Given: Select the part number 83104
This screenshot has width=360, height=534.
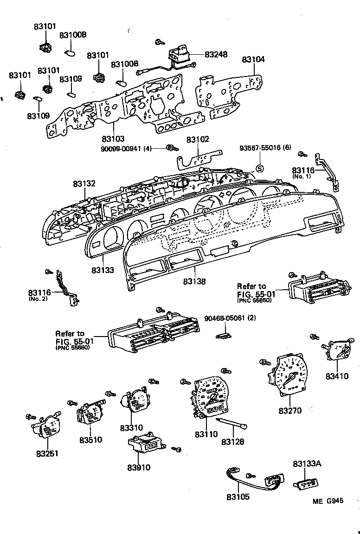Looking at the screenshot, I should point(253,59).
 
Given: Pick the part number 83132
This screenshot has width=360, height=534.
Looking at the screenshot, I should point(84,184).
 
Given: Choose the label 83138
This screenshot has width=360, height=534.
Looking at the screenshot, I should point(194,281).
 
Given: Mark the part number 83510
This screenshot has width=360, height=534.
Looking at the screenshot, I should point(90,439).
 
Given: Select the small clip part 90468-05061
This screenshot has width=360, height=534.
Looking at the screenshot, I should point(225,334).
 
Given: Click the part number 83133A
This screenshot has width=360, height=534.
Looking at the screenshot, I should point(304,464).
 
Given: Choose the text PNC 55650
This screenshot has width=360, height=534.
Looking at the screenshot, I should point(254,300).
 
